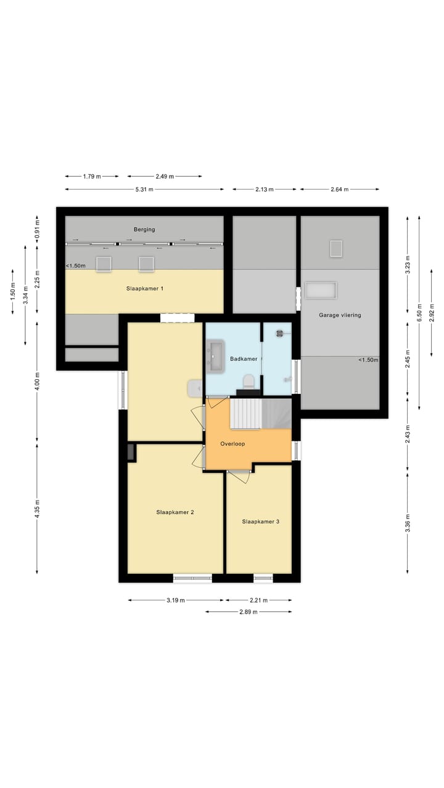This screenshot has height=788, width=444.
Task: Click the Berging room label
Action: pos(144,230)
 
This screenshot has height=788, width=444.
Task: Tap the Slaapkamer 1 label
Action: pos(145,289)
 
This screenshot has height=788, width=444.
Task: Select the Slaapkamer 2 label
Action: pos(175,512)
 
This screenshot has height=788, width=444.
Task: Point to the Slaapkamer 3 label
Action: pos(261,521)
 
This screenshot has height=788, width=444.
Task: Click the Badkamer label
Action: pos(244,359)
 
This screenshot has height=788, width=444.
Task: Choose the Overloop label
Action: pos(232,444)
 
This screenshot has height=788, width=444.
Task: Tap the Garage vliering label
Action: pos(340,315)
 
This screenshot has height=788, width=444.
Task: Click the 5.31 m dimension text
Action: pos(144,189)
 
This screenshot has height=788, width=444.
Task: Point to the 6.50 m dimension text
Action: pos(419,312)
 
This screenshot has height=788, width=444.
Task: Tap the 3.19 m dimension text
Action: pos(176,600)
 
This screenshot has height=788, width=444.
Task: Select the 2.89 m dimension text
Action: pos(249,612)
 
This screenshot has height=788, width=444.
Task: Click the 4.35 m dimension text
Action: pos(37,509)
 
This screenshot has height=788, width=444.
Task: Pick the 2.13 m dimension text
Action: pos(265,189)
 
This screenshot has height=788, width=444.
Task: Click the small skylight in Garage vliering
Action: pos(336,249)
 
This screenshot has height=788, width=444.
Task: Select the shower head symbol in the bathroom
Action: pos(280,333)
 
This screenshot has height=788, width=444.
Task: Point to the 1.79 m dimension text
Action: pos(92,176)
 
